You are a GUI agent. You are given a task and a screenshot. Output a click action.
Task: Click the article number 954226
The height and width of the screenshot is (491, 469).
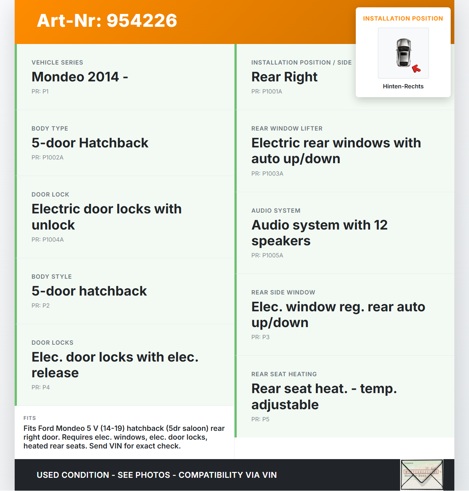(x=142, y=21)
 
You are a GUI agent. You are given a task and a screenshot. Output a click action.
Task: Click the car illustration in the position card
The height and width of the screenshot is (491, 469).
(x=403, y=52)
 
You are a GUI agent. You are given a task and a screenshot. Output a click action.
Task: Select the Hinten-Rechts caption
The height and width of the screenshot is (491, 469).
(x=403, y=86)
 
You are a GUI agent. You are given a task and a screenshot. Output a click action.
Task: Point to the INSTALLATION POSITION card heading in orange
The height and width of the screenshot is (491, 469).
(x=403, y=18)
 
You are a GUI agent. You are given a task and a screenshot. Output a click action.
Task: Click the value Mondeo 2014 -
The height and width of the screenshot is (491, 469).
(x=80, y=77)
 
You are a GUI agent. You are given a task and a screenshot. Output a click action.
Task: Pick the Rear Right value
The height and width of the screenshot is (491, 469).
(x=284, y=77)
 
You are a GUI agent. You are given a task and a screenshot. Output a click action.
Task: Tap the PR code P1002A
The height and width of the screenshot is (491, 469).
(x=47, y=157)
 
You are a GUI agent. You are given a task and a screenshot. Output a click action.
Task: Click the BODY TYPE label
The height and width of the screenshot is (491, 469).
(x=50, y=128)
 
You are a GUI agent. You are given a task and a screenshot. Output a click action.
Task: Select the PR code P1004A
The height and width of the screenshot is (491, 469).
(x=47, y=239)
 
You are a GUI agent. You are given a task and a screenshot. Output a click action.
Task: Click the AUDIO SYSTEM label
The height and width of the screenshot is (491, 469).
(x=276, y=210)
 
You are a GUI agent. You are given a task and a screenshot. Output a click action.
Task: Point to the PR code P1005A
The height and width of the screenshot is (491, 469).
(x=267, y=255)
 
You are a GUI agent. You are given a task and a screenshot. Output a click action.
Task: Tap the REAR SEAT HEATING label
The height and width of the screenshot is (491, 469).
(x=284, y=374)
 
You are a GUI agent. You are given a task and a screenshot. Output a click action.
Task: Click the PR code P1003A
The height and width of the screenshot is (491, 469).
(x=267, y=173)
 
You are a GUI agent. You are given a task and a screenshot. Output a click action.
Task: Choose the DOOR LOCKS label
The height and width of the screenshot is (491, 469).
(x=52, y=342)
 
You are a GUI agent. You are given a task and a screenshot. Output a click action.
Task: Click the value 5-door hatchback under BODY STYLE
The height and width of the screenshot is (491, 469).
(x=89, y=291)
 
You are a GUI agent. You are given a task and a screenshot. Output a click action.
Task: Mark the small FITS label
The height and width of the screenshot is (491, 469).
(x=30, y=418)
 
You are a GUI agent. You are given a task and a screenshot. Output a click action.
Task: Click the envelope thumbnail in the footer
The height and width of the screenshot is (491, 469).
(x=421, y=474)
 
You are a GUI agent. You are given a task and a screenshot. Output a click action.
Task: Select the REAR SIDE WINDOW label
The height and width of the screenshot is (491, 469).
(x=283, y=292)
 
